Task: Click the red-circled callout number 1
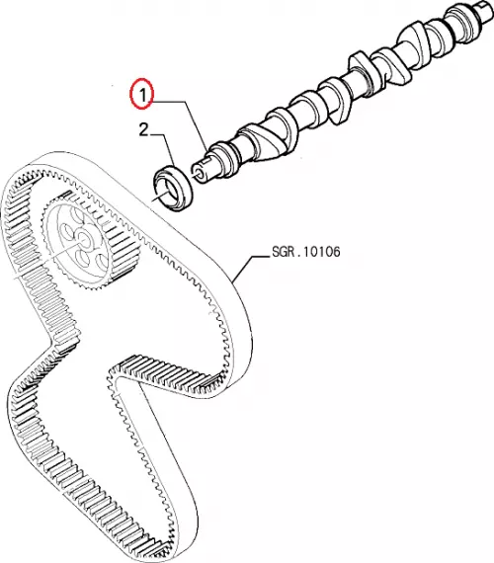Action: pos(142,95)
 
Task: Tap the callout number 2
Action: pos(143,129)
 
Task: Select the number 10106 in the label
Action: pos(322,251)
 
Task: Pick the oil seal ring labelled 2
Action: pos(174,188)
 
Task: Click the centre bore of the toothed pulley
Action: pos(83,238)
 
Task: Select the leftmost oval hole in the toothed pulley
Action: pos(65,232)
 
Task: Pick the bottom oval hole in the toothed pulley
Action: pos(82,259)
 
